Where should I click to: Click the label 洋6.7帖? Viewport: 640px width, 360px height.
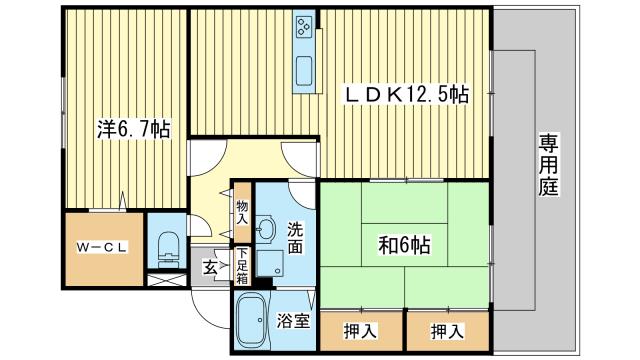pos(132,130)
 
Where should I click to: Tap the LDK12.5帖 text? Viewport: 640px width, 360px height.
pos(407,95)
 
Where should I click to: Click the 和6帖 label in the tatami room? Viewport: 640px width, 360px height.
pos(403,244)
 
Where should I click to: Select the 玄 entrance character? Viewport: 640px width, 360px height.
pos(212,266)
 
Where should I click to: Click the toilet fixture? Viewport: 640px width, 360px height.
pos(167,246)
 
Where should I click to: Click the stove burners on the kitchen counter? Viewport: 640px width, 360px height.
pos(305,28)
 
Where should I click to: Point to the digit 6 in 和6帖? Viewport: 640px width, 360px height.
pos(405,244)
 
